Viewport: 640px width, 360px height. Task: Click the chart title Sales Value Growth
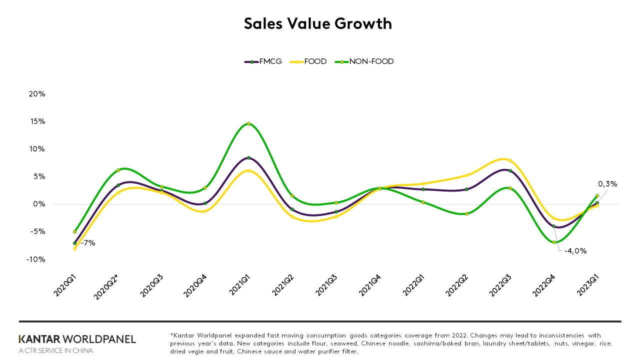click(x=318, y=23)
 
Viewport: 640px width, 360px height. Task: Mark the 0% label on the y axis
click(x=39, y=204)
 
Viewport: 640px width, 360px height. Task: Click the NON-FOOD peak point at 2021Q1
click(x=248, y=123)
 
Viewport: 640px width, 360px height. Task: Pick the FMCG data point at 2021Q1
click(x=248, y=157)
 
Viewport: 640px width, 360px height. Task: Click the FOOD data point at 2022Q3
click(x=510, y=160)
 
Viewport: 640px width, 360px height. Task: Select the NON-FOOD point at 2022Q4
click(x=553, y=242)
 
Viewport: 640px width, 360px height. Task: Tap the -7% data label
click(x=87, y=243)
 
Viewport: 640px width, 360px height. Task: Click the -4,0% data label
click(x=575, y=251)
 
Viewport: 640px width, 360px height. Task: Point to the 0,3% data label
click(x=607, y=183)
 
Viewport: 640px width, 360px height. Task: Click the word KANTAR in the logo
click(x=39, y=339)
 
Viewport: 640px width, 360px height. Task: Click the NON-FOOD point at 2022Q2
click(x=466, y=213)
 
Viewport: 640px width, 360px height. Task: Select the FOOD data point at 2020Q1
click(x=74, y=248)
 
